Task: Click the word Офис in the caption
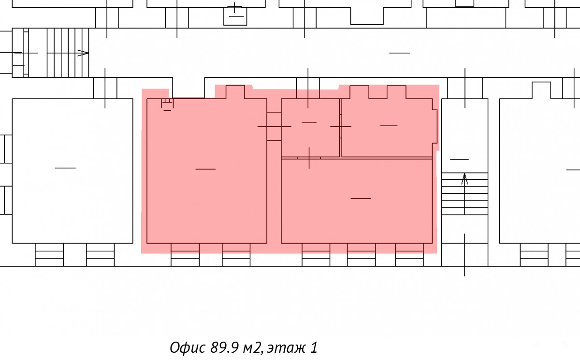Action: (x=188, y=347)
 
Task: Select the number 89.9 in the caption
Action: (x=224, y=347)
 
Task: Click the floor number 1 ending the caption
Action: (x=314, y=347)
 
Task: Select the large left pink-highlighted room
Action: (x=207, y=171)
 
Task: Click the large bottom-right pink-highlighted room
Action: (x=357, y=201)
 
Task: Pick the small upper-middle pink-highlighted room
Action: (x=310, y=128)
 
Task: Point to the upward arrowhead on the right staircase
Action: (x=464, y=179)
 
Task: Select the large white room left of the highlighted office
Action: (x=72, y=171)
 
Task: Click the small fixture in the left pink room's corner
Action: (x=167, y=104)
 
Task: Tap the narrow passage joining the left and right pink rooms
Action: (x=274, y=127)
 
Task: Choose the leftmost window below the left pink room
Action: (x=185, y=255)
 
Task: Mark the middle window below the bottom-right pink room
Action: (x=361, y=255)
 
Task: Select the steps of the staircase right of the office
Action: (x=465, y=194)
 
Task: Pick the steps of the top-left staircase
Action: (x=68, y=53)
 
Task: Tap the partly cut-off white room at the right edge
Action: (x=539, y=171)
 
